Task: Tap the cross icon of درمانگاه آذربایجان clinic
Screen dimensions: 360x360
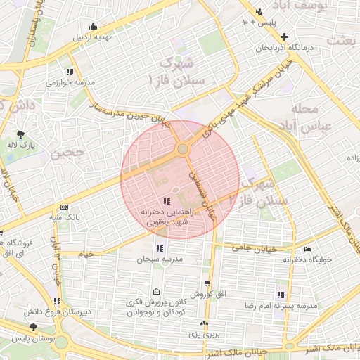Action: point(284,36)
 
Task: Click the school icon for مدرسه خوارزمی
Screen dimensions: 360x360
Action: point(69,72)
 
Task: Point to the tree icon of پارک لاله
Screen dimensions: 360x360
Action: point(21,134)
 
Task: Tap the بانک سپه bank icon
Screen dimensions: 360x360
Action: point(65,207)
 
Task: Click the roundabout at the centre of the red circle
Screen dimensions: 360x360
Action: point(183,149)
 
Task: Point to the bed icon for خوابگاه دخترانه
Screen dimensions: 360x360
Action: point(307,250)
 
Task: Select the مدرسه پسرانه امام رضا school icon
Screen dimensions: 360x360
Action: point(281,295)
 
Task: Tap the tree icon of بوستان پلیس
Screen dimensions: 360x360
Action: point(33,327)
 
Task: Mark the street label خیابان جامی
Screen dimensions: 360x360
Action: point(247,247)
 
